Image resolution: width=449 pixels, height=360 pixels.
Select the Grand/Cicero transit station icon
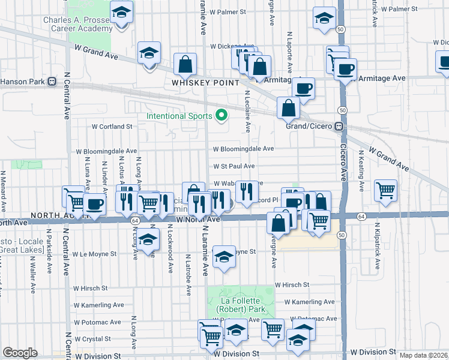coord(339,127)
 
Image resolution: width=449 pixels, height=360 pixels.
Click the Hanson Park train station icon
coord(52,81)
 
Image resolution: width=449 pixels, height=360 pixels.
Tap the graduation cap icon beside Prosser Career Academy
coord(122,12)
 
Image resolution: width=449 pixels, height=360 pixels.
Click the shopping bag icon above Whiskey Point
coord(185,64)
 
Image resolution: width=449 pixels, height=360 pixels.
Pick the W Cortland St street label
coord(112,127)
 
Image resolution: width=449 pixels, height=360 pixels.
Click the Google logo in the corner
coord(20,353)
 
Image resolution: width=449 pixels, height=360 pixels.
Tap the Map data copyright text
coord(423,355)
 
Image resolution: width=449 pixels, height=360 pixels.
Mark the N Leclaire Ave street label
coord(247,111)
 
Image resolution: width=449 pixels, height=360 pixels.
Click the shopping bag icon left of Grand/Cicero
coord(289,108)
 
